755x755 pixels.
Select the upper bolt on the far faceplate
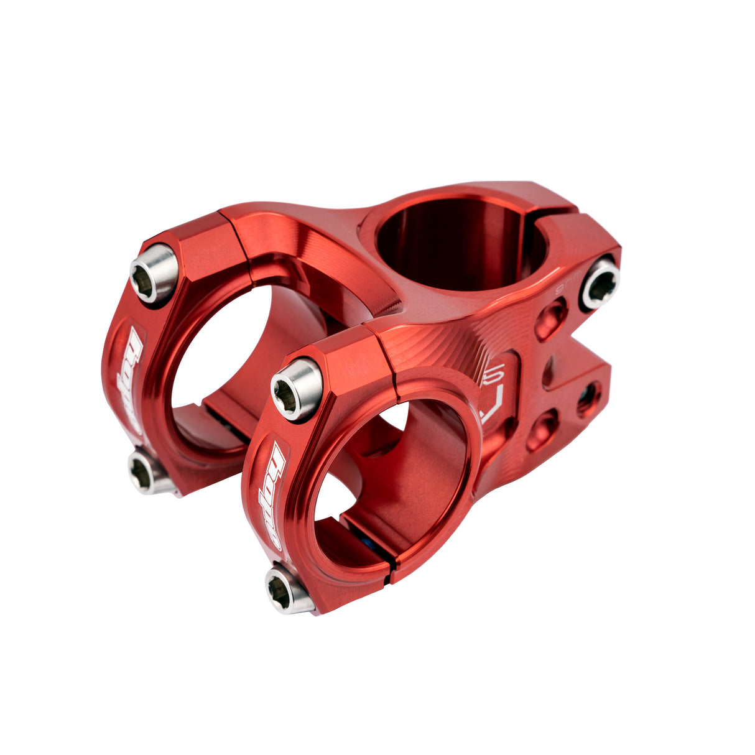(154, 274)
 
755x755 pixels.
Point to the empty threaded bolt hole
(588, 399)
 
